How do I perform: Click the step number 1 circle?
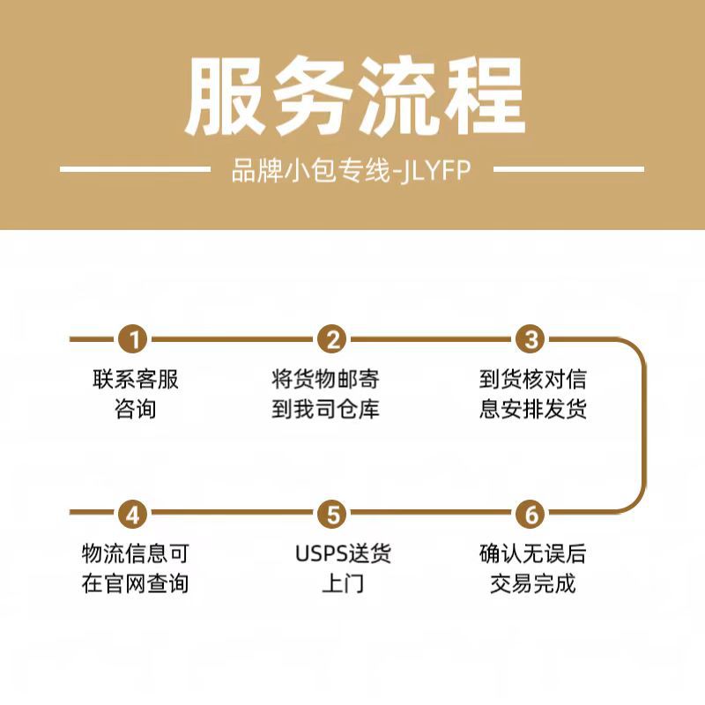[134, 338]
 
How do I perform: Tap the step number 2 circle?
[332, 338]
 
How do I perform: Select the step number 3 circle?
[531, 338]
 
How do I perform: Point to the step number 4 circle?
[134, 513]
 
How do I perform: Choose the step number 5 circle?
[332, 513]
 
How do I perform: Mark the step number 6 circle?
[531, 513]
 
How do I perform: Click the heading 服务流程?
[352, 97]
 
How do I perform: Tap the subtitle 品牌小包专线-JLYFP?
[352, 170]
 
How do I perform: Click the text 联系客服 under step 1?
[135, 380]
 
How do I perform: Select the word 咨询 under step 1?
[135, 410]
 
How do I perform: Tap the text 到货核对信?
[532, 380]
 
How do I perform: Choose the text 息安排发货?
[532, 410]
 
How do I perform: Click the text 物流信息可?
[135, 554]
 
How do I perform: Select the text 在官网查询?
[135, 583]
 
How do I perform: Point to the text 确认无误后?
[532, 554]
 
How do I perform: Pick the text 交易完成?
[532, 583]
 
